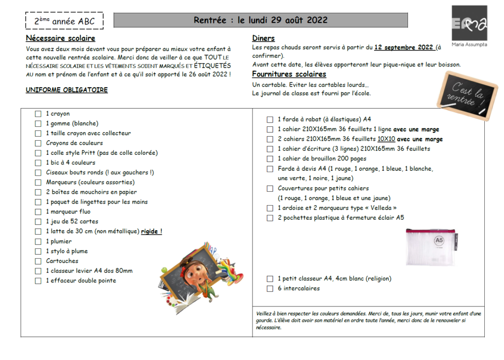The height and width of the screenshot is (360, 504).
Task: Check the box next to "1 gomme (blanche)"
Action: tap(38, 123)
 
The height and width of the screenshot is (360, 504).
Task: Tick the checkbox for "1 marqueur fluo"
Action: tap(38, 212)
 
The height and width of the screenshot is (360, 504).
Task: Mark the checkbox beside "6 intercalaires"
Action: tap(270, 289)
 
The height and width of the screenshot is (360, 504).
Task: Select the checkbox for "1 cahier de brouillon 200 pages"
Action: tap(270, 159)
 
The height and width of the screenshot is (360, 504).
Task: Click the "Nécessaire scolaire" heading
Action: tap(61, 38)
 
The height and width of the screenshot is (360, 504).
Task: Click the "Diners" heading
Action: tap(263, 38)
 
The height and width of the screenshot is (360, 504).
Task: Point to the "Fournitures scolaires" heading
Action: tap(289, 74)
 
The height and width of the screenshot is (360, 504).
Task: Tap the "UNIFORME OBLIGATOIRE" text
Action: tap(66, 90)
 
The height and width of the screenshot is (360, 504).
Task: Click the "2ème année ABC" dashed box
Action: tap(64, 21)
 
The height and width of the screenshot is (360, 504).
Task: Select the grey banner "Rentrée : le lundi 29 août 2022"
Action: tap(260, 20)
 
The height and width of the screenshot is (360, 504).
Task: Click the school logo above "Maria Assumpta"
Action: tap(469, 23)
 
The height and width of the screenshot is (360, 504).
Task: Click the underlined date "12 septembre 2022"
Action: tap(404, 48)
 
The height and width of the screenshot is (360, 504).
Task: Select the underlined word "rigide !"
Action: tap(152, 232)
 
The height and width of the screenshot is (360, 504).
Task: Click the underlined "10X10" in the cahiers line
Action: tap(386, 139)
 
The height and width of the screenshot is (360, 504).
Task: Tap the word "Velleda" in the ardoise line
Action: tap(380, 208)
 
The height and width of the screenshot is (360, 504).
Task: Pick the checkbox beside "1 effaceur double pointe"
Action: tap(38, 281)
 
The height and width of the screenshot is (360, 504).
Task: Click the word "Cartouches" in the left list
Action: tap(62, 261)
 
